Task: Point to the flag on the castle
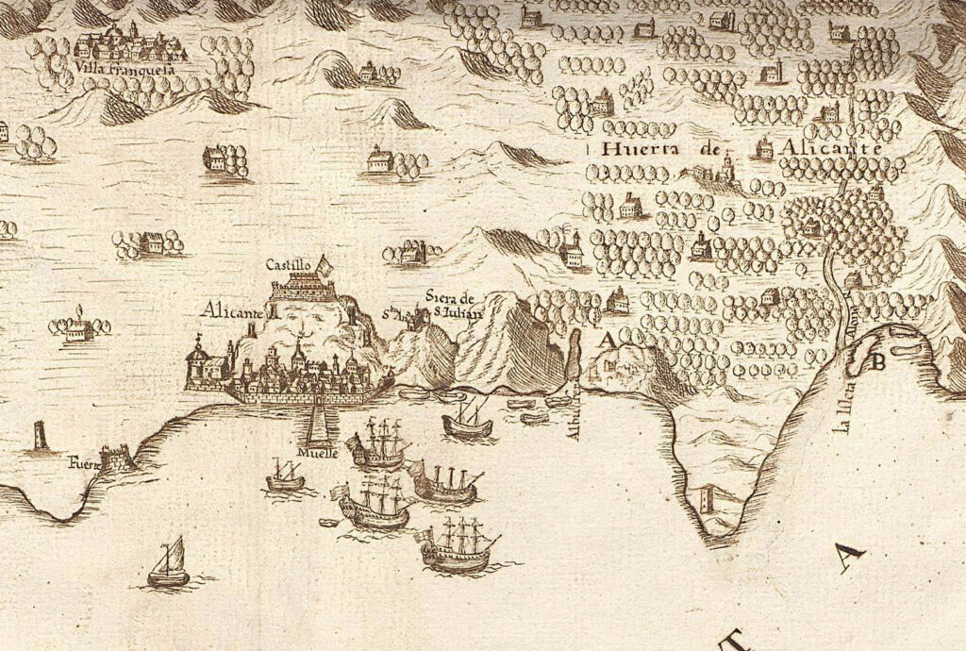[325, 264]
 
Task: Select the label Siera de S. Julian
[454, 298]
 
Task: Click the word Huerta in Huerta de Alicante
[633, 149]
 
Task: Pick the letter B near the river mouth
[879, 360]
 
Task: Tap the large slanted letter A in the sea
[850, 559]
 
